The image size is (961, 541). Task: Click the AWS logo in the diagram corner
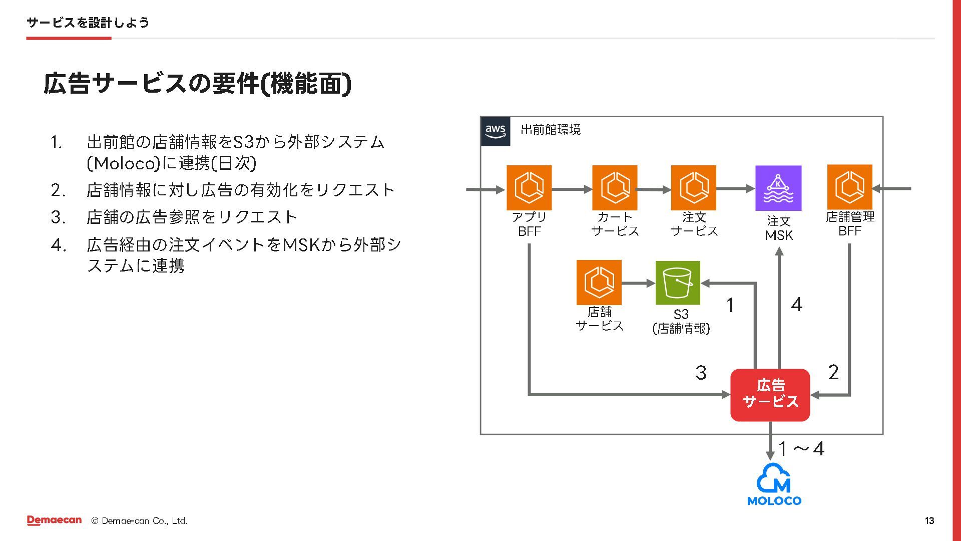click(495, 131)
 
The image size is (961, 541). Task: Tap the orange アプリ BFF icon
click(529, 188)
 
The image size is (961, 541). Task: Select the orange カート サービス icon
click(615, 188)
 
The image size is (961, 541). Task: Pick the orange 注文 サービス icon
click(694, 188)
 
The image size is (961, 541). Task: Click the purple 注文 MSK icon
click(778, 188)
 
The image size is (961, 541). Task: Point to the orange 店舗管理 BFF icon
click(850, 187)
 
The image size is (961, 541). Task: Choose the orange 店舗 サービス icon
click(599, 283)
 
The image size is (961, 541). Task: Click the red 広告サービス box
click(770, 395)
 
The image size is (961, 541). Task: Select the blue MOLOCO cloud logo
click(774, 484)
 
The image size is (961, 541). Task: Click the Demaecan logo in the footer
click(54, 520)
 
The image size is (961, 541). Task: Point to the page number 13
click(929, 521)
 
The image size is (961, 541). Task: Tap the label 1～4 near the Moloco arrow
click(801, 449)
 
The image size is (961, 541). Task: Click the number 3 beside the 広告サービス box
click(701, 373)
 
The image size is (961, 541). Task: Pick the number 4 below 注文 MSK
click(796, 305)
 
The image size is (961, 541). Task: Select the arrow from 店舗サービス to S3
click(638, 284)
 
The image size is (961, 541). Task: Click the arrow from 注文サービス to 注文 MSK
click(735, 189)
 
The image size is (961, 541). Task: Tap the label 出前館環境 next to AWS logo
click(551, 130)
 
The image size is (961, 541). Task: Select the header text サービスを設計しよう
click(88, 23)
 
